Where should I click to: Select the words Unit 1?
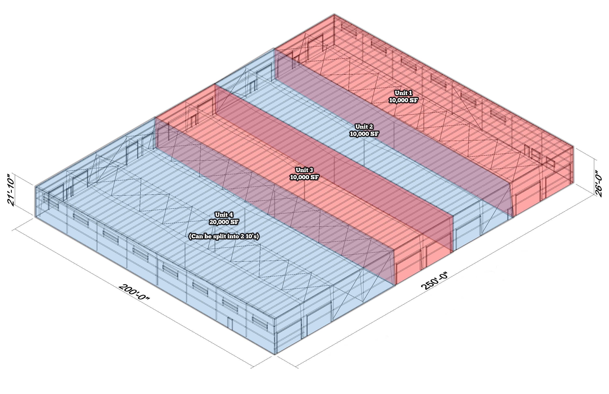tap(403, 93)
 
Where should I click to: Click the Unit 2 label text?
tap(364, 126)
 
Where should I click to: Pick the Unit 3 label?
tap(304, 170)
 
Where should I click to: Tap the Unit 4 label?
tap(224, 215)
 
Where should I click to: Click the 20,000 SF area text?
tap(224, 222)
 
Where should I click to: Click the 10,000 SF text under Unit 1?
tap(403, 100)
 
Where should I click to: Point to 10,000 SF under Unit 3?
tap(304, 177)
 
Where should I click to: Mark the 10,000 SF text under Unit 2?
tap(364, 134)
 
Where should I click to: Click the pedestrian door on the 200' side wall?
tap(230, 324)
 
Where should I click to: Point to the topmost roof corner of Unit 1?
tap(334, 14)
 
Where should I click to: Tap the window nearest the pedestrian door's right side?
tap(260, 323)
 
